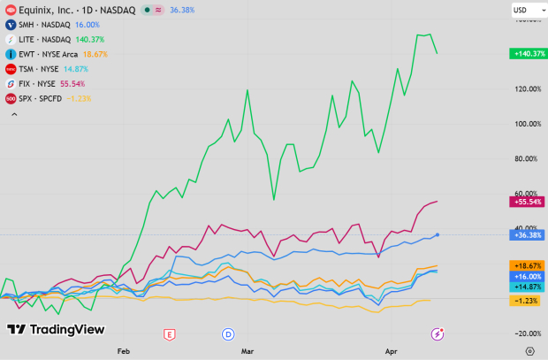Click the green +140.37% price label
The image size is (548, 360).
point(526,54)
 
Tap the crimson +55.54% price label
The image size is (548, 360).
point(526,203)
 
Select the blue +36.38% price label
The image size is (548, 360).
point(526,235)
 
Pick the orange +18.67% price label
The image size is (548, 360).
point(526,265)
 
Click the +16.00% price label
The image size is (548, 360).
point(526,276)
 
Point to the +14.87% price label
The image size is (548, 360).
point(526,287)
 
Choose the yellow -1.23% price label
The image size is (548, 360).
point(527,301)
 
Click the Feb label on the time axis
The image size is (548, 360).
point(123,350)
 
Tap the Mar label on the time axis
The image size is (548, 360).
point(247,350)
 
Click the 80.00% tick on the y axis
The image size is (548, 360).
point(527,158)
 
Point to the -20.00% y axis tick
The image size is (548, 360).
point(527,333)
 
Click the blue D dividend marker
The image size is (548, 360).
point(229,333)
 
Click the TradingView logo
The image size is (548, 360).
point(56,329)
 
